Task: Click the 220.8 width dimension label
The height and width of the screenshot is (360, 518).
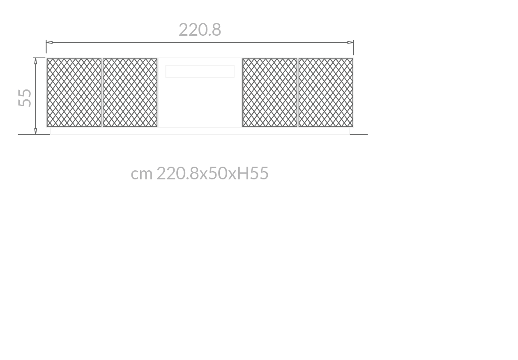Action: pos(200,30)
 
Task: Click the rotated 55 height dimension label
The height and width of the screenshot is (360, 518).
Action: pos(25,98)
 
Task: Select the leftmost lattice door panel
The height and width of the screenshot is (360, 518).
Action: pos(74,92)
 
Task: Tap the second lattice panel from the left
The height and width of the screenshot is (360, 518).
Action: pos(130,92)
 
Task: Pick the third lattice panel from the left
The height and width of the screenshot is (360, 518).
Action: pos(269,92)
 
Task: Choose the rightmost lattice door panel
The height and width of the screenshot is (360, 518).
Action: pos(326,92)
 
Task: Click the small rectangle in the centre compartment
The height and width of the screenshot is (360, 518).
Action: pos(200,71)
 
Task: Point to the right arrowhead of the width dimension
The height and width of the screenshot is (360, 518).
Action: pos(350,42)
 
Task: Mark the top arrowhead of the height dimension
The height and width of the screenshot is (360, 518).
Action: pos(36,61)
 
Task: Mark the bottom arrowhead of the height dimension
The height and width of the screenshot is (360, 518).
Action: pos(36,131)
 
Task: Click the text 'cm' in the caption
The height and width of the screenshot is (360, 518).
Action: pos(141,174)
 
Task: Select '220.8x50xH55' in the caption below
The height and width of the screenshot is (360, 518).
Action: pos(212,174)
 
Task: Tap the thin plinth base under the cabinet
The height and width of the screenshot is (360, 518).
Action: pos(200,131)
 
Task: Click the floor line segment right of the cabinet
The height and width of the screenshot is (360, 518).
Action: pos(359,134)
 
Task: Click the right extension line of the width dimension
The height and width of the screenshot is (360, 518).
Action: pos(353,49)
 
